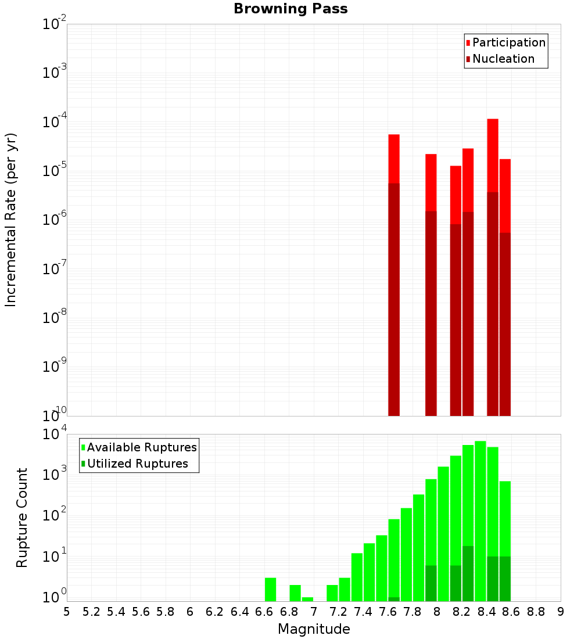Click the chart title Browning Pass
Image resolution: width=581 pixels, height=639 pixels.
click(290, 9)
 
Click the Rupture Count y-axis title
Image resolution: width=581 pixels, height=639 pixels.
click(22, 518)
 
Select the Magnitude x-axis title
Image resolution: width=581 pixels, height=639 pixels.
click(314, 629)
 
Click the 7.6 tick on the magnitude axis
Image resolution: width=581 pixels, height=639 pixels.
click(388, 612)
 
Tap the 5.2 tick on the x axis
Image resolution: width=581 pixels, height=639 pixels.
click(91, 612)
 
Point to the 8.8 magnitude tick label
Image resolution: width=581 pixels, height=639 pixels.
click(536, 612)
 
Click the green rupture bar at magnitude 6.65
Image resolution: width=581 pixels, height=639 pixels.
click(270, 589)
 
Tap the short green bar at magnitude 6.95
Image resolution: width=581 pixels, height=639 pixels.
click(307, 599)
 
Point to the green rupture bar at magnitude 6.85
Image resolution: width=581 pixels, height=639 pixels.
click(295, 593)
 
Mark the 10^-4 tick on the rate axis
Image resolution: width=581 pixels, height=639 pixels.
click(55, 122)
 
